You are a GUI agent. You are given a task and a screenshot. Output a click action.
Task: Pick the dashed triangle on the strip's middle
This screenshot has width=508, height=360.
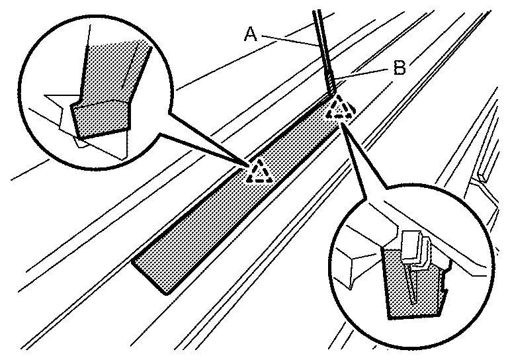point(259,171)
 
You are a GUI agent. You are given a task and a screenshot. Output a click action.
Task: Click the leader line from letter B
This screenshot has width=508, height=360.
point(363,73)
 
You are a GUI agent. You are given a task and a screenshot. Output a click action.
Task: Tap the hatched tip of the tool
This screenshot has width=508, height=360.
point(331,85)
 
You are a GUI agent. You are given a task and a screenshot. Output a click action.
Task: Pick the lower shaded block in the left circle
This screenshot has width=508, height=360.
point(99,118)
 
